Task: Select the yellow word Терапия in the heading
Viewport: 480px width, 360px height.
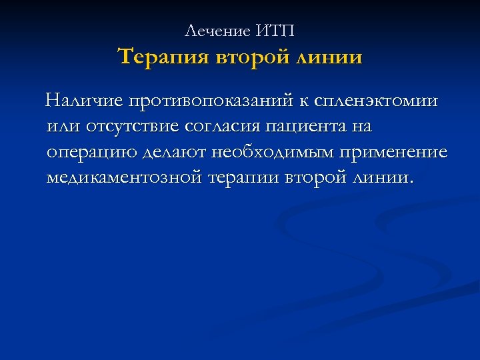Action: [164, 57]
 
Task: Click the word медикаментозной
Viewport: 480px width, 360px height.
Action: [124, 178]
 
